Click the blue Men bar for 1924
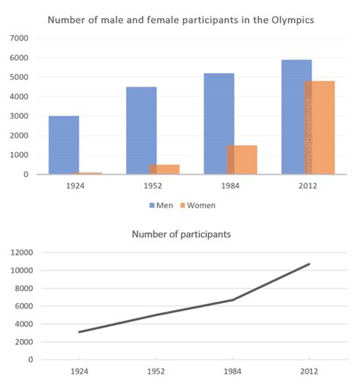[x=64, y=145]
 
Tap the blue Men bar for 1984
[x=219, y=124]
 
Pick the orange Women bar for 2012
[x=319, y=128]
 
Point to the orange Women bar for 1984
[x=242, y=160]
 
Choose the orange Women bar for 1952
[x=164, y=169]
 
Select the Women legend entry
[x=198, y=205]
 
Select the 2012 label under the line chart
[x=308, y=373]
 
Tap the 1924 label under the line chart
[x=78, y=373]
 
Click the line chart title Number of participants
[x=181, y=234]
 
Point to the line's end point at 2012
[x=309, y=264]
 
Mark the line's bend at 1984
[x=232, y=299]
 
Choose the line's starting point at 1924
[x=79, y=332]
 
